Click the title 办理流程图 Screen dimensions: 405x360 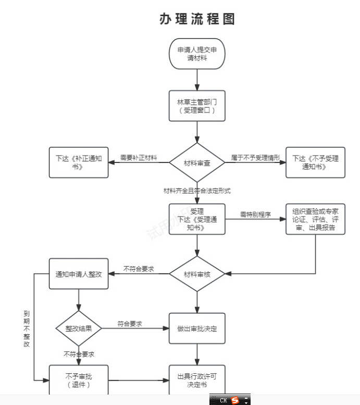click(197, 19)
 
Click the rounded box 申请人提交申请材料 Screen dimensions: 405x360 click(197, 54)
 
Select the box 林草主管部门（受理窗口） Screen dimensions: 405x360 click(197, 106)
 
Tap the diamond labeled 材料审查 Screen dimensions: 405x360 click(197, 163)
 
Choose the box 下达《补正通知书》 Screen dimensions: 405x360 click(78, 162)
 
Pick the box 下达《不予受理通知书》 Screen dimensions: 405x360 click(315, 162)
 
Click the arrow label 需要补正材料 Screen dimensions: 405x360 click(139, 157)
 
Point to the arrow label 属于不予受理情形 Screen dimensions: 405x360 click(255, 157)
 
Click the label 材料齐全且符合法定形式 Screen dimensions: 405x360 click(197, 191)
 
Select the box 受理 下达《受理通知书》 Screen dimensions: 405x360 click(197, 219)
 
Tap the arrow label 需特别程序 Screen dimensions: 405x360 click(255, 214)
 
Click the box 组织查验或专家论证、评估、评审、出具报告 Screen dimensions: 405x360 click(315, 219)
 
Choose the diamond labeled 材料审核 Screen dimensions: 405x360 click(197, 274)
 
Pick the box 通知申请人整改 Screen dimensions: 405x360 click(78, 274)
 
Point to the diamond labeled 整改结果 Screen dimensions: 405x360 click(78, 328)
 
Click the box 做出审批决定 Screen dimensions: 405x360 click(197, 328)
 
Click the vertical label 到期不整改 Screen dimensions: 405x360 click(27, 329)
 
